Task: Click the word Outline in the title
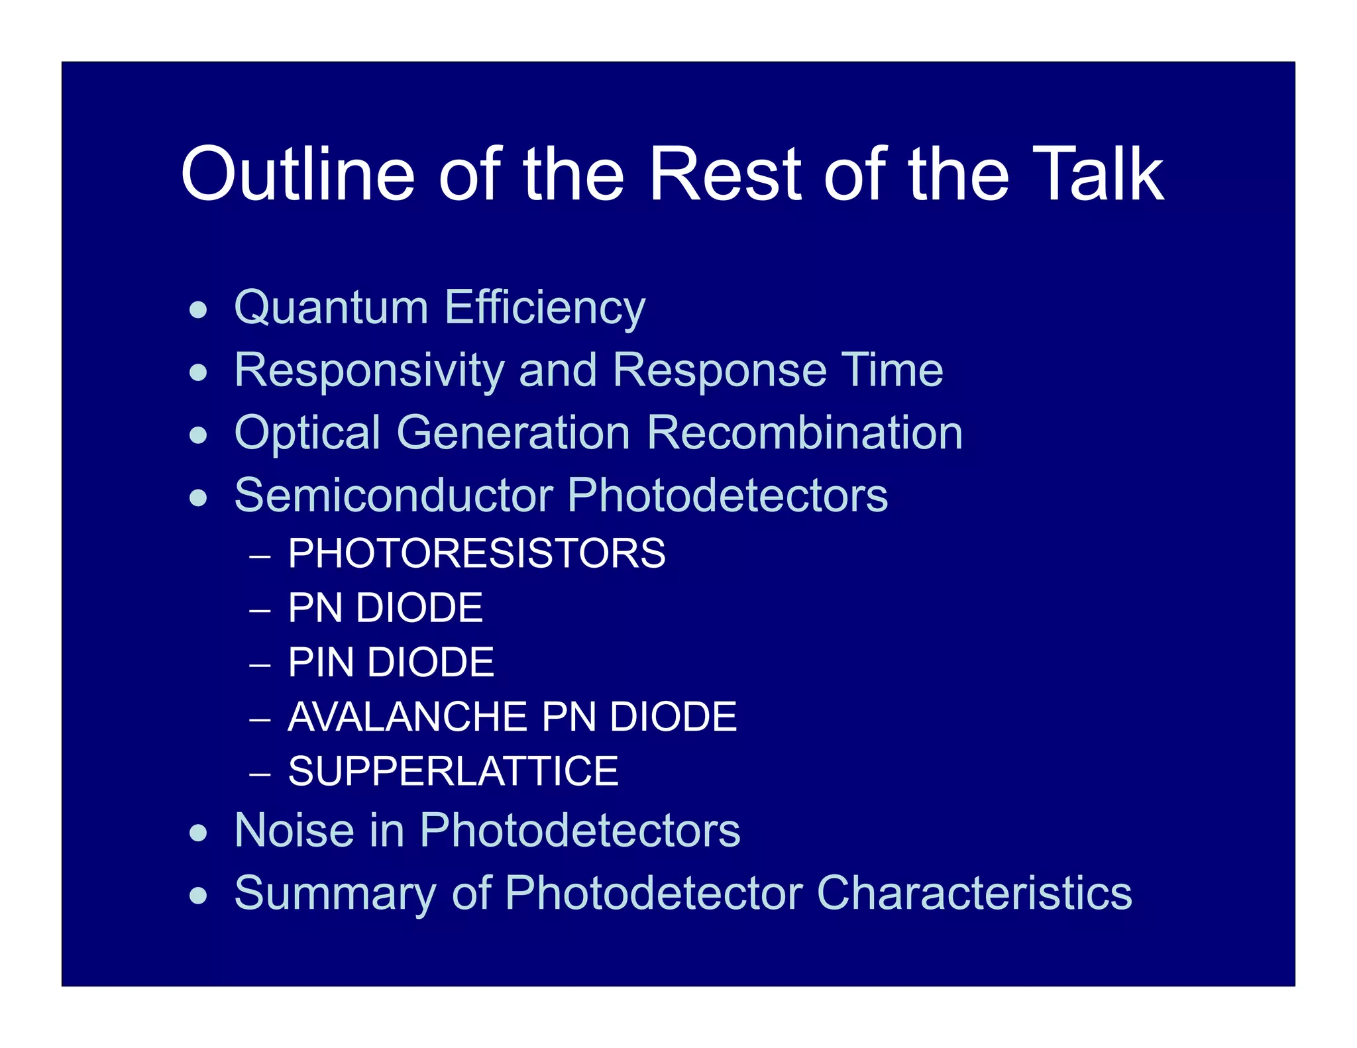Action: [298, 174]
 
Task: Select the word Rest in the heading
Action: [725, 174]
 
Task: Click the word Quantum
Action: [331, 308]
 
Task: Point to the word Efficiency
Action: [545, 308]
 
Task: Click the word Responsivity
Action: [369, 370]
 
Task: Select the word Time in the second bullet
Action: [892, 370]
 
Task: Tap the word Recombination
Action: [804, 433]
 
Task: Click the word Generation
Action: [513, 433]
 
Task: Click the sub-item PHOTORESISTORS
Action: [476, 553]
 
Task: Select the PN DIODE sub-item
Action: [385, 607]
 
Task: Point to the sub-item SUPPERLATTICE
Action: [453, 771]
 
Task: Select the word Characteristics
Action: [974, 892]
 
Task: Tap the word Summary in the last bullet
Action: [335, 894]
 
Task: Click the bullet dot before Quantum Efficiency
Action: [198, 309]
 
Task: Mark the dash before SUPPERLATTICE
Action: [260, 773]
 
